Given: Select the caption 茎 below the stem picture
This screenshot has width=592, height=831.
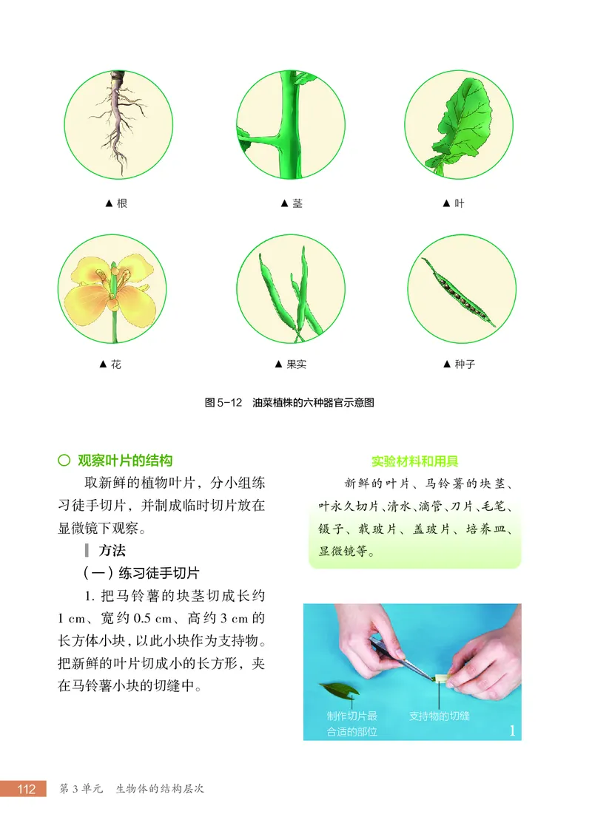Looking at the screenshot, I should [x=292, y=203].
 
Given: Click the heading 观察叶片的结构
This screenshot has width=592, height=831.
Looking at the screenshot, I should [x=125, y=461].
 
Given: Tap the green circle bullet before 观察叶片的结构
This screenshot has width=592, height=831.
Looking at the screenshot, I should [x=64, y=461].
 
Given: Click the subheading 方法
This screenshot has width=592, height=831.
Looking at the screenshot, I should [x=112, y=550].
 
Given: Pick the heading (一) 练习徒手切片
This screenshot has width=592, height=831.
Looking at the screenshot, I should [x=141, y=573].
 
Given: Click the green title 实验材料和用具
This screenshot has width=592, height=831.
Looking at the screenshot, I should [x=414, y=462].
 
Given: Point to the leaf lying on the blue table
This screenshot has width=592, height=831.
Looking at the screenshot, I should [x=339, y=691].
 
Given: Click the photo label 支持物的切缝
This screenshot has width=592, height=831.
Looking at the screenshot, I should [x=439, y=716].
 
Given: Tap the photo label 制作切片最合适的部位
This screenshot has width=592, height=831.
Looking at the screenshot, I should [x=352, y=724].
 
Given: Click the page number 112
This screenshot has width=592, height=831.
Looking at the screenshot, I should [x=26, y=789].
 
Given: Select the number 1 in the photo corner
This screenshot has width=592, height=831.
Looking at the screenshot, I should [x=511, y=730].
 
